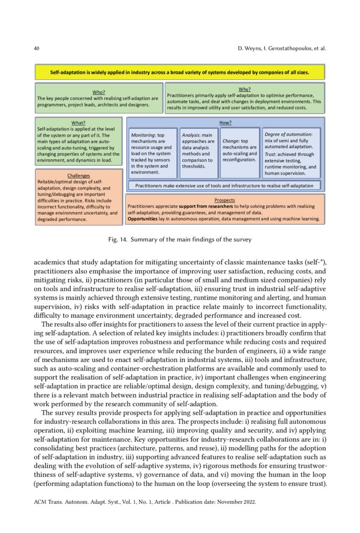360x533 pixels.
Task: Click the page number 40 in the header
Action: pos(36,49)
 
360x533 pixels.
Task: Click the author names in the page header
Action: pos(281,49)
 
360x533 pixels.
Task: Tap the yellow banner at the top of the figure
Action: pos(179,71)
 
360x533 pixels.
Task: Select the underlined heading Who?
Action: pos(99,92)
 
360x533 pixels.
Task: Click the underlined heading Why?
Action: pos(244,88)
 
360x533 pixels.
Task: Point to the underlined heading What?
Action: pos(78,123)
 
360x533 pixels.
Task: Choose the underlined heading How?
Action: pos(225,123)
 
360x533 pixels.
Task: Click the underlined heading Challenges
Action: pos(78,175)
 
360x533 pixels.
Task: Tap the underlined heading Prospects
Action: pos(225,200)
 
